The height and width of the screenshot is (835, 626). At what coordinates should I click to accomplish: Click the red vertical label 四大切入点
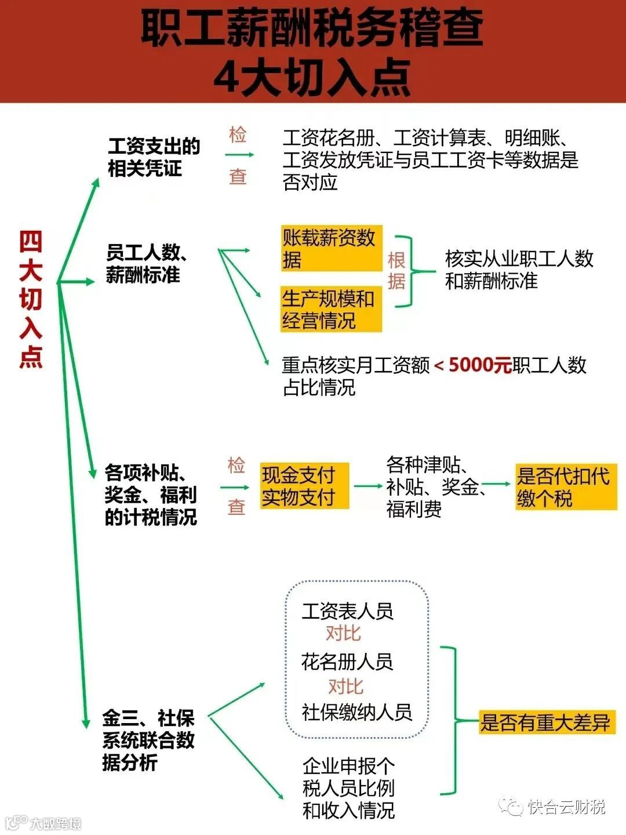click(31, 299)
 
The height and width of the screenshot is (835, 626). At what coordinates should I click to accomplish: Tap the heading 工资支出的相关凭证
click(154, 157)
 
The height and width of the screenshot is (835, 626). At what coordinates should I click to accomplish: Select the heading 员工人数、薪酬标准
click(147, 263)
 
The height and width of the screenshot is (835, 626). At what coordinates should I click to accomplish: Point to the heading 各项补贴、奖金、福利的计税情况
click(151, 494)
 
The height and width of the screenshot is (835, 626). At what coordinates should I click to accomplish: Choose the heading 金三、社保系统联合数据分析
click(148, 740)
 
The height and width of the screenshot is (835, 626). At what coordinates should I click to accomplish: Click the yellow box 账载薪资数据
click(331, 248)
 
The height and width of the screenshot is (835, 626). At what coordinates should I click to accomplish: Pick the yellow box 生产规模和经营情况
click(331, 309)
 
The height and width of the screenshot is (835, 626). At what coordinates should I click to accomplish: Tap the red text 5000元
click(480, 365)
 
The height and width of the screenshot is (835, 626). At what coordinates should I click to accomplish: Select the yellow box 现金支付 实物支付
click(304, 485)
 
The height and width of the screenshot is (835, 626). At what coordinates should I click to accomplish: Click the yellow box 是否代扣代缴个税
click(565, 487)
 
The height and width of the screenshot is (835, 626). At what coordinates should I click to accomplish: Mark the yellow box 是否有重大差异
click(547, 723)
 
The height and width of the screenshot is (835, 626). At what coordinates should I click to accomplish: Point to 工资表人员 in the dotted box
click(347, 611)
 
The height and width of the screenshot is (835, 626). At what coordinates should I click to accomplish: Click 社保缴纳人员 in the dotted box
click(356, 711)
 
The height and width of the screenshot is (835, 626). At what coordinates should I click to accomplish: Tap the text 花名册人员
click(347, 661)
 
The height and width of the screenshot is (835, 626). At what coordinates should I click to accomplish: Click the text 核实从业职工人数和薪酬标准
click(519, 269)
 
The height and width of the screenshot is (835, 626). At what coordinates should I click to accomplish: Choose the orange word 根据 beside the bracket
click(396, 270)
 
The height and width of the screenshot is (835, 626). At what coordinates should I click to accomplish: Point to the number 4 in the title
click(227, 77)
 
